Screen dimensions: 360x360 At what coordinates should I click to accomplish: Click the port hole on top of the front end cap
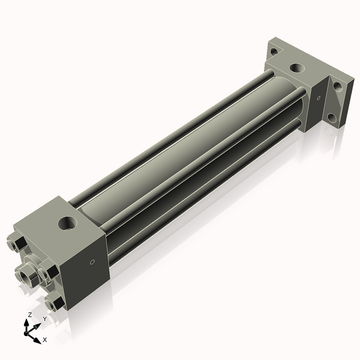coord(65,224)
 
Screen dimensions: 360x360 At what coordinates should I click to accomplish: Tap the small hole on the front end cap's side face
coord(92,262)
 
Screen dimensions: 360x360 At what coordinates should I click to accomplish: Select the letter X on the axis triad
coord(44,340)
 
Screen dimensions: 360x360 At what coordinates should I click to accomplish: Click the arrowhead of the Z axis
coord(26,322)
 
